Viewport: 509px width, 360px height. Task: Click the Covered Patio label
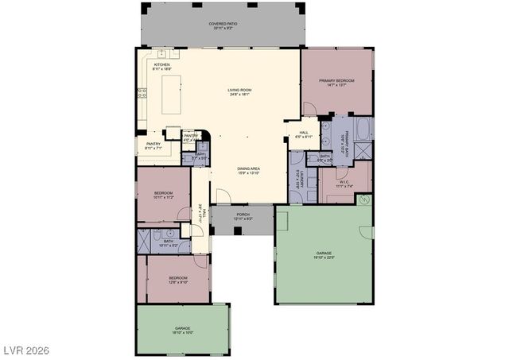223,25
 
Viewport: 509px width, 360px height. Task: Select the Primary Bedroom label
336,83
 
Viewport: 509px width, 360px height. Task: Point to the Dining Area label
248,170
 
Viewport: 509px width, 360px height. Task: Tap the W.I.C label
344,183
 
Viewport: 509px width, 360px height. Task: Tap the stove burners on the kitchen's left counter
141,95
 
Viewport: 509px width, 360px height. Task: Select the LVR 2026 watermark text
26,348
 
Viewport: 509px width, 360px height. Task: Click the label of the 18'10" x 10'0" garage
183,330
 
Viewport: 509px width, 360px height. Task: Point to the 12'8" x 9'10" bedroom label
177,280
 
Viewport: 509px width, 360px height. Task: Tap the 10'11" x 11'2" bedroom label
162,195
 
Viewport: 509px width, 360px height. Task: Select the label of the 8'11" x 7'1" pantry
153,145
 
